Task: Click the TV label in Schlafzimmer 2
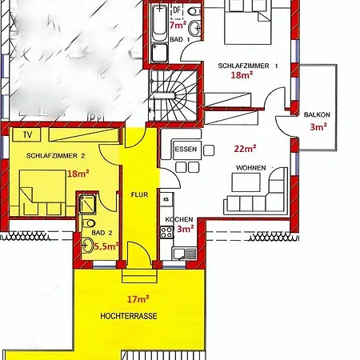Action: coord(27,135)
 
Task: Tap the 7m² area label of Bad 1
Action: coord(178,26)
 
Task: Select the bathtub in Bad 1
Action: coord(159,22)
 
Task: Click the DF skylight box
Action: coord(177,10)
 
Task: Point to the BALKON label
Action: coord(317,115)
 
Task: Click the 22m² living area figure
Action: coord(245,148)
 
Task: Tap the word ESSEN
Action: coord(186,149)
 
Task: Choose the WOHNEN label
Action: coord(251,168)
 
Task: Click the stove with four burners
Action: coord(167,232)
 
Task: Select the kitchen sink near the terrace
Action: coord(185,254)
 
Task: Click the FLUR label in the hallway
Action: coord(139,194)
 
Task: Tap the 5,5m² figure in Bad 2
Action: coord(106,246)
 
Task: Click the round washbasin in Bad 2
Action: coord(87,245)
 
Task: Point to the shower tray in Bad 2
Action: coord(87,204)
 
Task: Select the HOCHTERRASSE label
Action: coord(129,316)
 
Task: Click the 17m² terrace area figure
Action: coord(138,299)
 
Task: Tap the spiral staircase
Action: coord(174,95)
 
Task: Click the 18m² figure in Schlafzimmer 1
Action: coord(242,75)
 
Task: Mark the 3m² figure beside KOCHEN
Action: coord(186,229)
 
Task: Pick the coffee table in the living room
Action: coord(246,182)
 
